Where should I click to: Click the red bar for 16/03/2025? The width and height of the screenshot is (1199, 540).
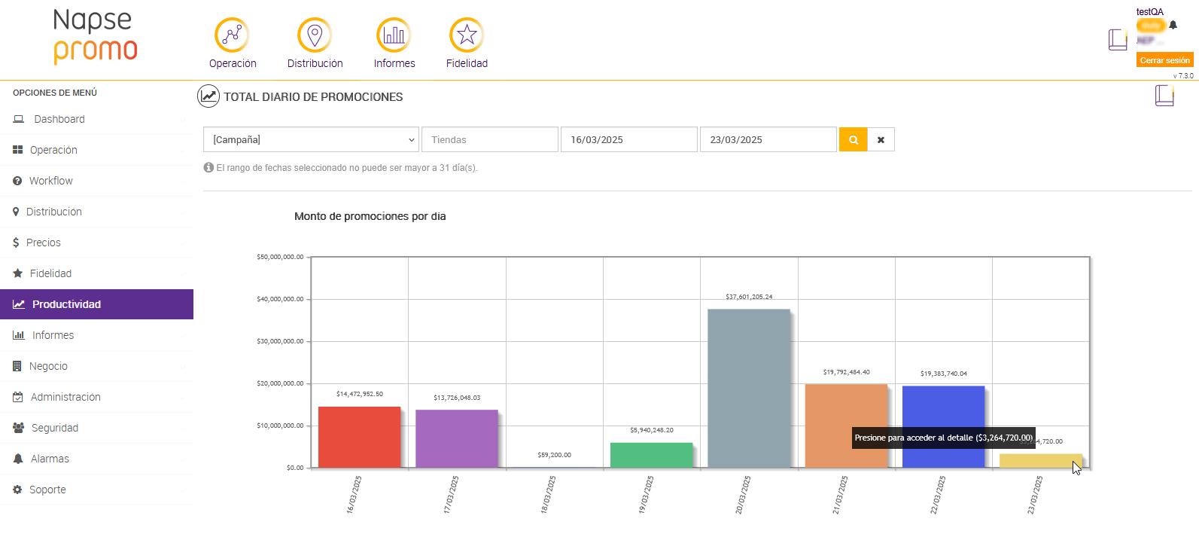(359, 437)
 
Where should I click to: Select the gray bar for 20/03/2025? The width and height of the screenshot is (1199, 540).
(748, 388)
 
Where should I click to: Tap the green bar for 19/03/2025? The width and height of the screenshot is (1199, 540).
(651, 455)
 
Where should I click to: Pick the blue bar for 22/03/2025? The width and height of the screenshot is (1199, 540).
(943, 426)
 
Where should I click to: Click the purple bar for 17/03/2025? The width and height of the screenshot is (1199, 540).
(456, 438)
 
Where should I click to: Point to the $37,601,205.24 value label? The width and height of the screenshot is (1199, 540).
(749, 297)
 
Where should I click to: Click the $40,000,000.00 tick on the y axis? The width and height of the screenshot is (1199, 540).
(280, 299)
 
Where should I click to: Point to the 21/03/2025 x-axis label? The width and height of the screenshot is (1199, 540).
(841, 495)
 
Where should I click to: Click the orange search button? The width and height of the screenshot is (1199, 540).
(853, 139)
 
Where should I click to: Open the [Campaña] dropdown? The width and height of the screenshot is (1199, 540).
(311, 139)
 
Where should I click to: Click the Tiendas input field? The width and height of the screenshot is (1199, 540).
(489, 139)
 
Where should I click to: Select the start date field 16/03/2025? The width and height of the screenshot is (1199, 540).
(628, 139)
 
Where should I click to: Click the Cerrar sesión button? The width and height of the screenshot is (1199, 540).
(1164, 60)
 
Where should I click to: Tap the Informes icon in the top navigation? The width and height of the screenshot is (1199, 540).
(394, 35)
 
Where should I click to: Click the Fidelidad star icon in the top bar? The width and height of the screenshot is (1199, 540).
(467, 35)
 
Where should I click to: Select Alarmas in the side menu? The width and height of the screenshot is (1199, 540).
(50, 459)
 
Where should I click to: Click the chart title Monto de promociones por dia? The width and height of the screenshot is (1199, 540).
(370, 216)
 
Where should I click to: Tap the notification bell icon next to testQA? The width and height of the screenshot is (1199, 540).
(1173, 25)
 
